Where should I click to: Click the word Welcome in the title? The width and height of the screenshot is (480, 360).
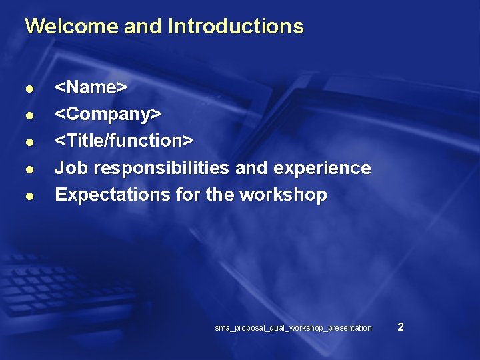[x=62, y=27]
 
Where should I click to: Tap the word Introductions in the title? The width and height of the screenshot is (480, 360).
[x=236, y=27]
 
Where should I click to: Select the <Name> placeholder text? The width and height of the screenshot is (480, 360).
[x=91, y=87]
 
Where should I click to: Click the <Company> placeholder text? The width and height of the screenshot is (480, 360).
[x=107, y=114]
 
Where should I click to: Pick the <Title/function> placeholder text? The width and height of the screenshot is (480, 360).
[x=123, y=141]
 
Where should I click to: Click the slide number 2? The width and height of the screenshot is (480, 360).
[x=400, y=327]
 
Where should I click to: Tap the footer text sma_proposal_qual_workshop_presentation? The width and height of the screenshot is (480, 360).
[x=293, y=328]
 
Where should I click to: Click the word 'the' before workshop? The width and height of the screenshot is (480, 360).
[x=221, y=195]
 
